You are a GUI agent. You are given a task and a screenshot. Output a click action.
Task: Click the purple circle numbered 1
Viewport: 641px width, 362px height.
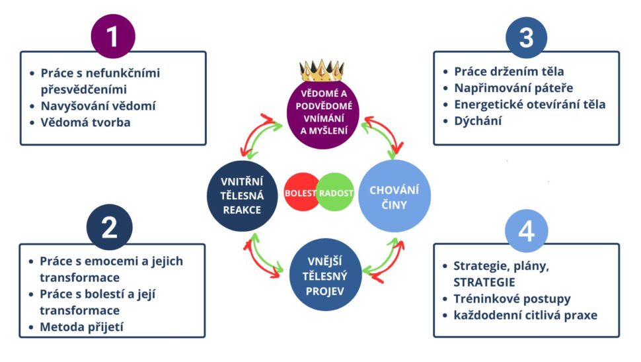point(112,36)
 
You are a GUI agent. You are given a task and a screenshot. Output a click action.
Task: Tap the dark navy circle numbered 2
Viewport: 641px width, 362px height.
point(109,227)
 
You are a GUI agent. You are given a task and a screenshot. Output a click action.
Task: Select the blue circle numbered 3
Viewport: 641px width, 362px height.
point(526,37)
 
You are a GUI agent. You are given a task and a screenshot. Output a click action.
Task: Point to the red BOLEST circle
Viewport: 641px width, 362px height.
point(301,193)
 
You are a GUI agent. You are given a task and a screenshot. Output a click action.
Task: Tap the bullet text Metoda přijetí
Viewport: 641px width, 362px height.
point(82,326)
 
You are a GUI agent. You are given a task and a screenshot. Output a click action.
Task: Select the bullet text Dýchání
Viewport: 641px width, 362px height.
point(478,120)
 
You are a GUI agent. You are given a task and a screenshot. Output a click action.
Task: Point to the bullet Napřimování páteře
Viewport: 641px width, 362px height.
point(513,87)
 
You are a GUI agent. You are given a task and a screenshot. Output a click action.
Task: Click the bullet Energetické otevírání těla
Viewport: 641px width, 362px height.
point(529,104)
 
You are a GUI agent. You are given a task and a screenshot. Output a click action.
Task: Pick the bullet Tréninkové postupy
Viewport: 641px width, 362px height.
point(511,298)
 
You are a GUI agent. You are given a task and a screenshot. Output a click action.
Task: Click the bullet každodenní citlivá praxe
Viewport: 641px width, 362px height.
point(525,315)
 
